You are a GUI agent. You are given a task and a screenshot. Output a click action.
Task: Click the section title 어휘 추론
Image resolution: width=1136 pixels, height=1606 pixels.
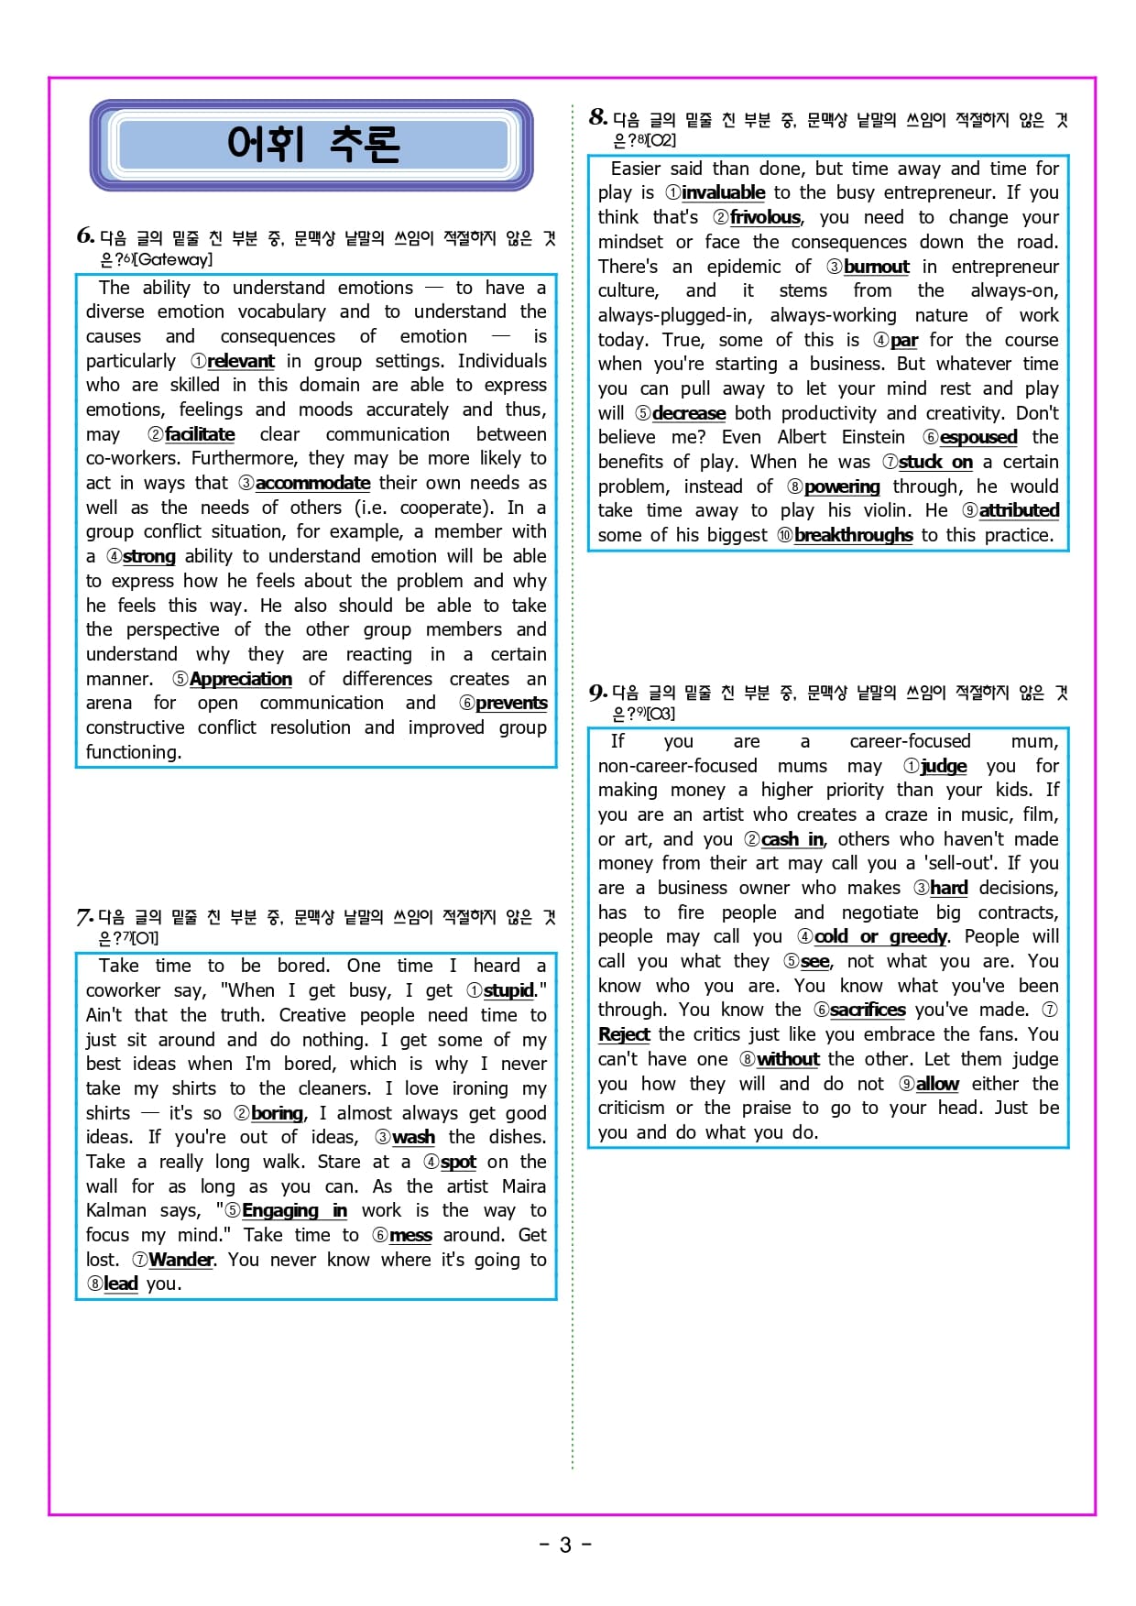(312, 145)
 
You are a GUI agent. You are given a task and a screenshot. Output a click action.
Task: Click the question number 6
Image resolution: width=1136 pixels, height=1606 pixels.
(85, 235)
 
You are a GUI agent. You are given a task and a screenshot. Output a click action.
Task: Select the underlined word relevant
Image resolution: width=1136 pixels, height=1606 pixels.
(240, 361)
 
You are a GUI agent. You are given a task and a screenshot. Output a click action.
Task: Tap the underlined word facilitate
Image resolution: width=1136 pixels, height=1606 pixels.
(199, 434)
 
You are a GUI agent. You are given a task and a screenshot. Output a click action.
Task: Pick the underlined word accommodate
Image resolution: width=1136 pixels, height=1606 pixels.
(312, 483)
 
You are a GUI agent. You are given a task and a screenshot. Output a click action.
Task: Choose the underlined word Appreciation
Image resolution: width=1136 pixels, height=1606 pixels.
(240, 679)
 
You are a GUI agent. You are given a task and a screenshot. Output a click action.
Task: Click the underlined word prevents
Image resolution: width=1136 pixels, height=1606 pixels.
(511, 703)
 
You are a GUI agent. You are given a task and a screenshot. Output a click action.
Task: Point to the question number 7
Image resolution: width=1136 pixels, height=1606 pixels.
(84, 916)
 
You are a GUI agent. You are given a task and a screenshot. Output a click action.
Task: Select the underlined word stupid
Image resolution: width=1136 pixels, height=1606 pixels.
(508, 990)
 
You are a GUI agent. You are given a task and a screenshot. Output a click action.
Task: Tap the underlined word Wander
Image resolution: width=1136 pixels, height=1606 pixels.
(180, 1260)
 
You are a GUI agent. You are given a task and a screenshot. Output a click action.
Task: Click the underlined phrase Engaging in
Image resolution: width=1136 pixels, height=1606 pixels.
(294, 1210)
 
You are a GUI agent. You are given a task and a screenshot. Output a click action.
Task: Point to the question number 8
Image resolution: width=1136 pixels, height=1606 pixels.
(598, 116)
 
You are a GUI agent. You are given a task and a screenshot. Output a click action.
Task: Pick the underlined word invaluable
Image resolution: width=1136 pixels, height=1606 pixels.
(723, 192)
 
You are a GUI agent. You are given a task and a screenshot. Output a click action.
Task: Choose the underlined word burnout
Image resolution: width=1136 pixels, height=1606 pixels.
(876, 267)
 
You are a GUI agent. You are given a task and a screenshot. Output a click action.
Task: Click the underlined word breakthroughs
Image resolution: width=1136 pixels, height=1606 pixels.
(853, 535)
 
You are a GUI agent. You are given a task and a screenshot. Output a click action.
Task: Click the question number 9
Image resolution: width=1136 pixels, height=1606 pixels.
(597, 692)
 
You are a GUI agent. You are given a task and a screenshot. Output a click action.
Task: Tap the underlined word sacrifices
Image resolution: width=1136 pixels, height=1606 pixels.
(867, 1010)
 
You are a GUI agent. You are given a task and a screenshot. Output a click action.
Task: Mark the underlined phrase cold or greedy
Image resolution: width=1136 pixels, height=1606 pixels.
(879, 936)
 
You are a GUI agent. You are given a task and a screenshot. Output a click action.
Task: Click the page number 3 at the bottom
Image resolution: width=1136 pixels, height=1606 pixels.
(565, 1545)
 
